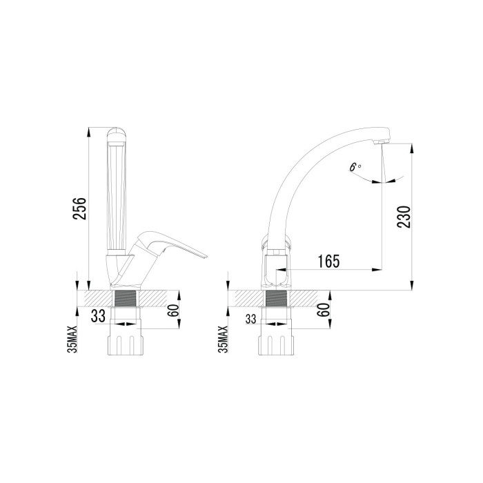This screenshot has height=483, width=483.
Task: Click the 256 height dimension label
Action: tap(79, 208)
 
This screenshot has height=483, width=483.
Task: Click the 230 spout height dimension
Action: tap(404, 217)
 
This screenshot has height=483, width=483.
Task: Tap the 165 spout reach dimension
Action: tap(329, 262)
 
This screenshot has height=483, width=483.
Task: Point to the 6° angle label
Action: tap(355, 167)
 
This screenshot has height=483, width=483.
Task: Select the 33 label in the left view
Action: tap(98, 316)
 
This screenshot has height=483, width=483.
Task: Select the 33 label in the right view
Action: tap(250, 319)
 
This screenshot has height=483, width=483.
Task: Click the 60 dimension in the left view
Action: tap(174, 310)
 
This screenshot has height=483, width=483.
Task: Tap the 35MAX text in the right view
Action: tap(223, 339)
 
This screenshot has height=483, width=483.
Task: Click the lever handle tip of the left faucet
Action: tap(206, 256)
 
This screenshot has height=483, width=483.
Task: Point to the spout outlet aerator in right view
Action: tap(381, 141)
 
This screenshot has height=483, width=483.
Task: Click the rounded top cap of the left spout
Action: tap(116, 134)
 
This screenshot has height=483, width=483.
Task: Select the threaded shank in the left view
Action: tap(125, 298)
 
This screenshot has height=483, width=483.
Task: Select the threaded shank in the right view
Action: tap(276, 298)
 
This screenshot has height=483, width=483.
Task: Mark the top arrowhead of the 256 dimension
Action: tap(89, 131)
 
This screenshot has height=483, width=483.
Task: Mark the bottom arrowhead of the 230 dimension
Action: tap(412, 285)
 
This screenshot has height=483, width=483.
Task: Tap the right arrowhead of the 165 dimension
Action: tap(377, 270)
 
